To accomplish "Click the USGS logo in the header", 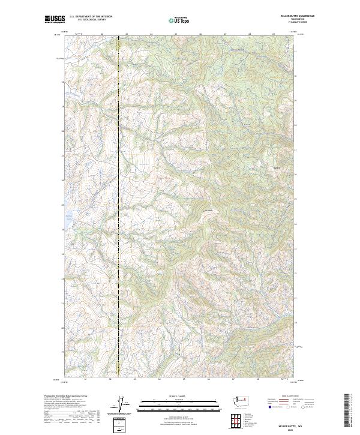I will click(x=55, y=20).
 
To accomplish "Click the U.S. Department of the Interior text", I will click(x=91, y=17).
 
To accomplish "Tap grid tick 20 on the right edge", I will click(x=295, y=328).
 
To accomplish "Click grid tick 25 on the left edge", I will click(x=62, y=205).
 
